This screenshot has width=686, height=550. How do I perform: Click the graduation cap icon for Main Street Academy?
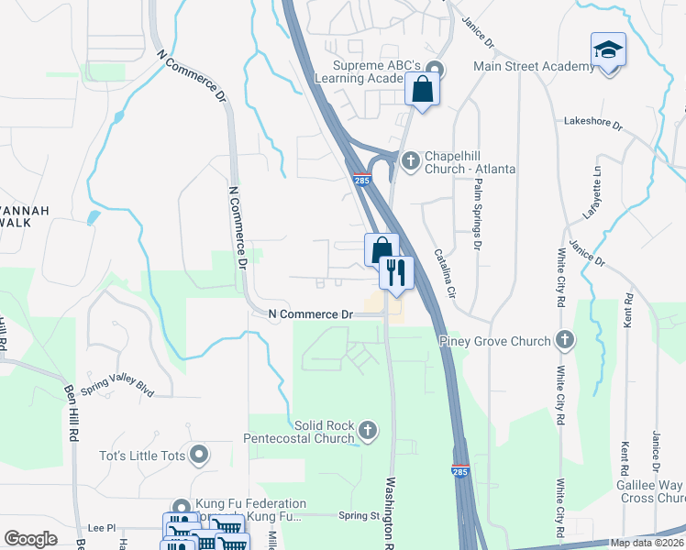(x=609, y=49)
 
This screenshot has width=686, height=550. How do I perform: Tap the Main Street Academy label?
(x=535, y=67)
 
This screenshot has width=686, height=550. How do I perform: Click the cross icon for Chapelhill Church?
(x=410, y=161)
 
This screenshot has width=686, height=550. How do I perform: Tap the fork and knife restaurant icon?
(x=396, y=271)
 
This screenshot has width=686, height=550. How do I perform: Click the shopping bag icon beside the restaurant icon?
(x=381, y=249)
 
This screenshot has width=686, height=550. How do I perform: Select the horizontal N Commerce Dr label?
(x=311, y=314)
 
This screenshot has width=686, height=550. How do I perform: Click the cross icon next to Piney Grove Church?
(x=565, y=341)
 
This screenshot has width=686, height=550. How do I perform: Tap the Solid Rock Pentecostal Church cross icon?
(x=368, y=428)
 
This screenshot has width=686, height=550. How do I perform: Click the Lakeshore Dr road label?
(x=592, y=122)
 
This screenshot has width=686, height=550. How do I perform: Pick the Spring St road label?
(x=359, y=516)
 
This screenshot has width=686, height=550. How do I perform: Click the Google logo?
(x=31, y=539)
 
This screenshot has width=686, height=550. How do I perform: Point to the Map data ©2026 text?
(x=647, y=543)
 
